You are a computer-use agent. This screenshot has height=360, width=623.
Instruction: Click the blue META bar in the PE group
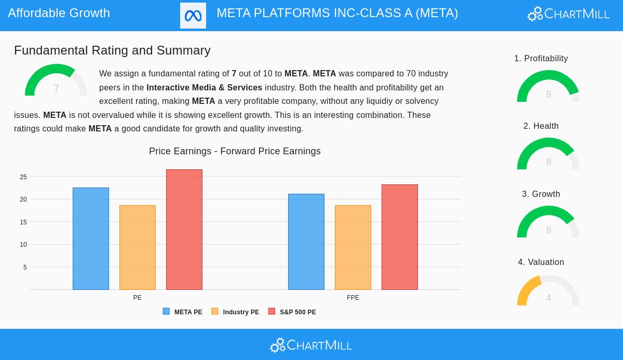coord(91,239)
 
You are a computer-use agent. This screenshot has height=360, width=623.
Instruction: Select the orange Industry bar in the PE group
coord(138,248)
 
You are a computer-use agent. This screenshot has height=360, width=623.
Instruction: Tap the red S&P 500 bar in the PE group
coord(184,230)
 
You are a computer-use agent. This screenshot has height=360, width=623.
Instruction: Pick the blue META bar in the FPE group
coord(306,242)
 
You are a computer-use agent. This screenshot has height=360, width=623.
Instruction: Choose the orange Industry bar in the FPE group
coord(353,248)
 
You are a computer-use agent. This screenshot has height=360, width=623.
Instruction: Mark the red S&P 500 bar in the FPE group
coord(400,237)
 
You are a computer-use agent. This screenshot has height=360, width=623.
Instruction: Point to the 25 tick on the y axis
coord(23,177)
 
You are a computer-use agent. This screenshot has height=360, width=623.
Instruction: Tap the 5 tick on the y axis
coord(25,268)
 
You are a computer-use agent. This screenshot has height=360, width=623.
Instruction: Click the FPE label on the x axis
coord(353,298)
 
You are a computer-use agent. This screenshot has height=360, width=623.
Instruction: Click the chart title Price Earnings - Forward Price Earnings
coord(235,151)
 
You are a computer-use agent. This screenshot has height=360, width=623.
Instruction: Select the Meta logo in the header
coord(193,16)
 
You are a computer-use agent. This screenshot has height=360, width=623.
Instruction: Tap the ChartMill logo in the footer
coord(311,345)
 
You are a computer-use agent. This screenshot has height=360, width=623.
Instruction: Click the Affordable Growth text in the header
coord(59,13)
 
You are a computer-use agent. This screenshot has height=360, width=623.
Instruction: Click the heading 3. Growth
coord(541,194)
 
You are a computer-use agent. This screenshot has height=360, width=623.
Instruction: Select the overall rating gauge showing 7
coord(56,81)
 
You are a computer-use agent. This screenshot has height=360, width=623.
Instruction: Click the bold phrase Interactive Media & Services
coord(204,87)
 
